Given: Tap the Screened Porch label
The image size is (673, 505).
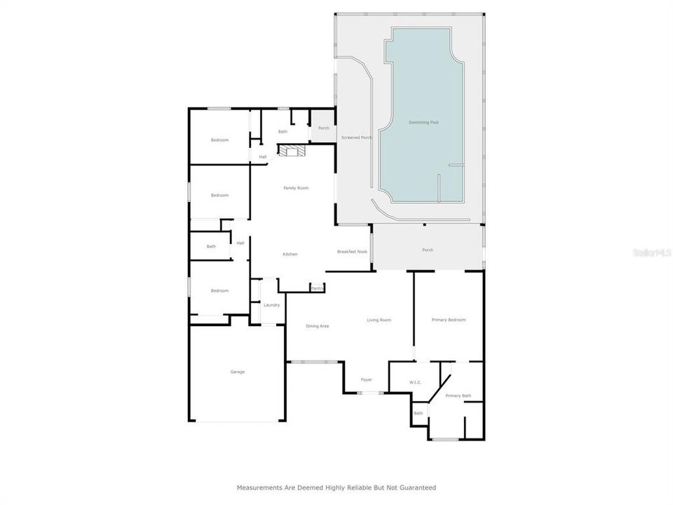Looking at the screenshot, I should coord(356,137).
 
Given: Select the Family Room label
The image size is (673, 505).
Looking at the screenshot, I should coord(296,188).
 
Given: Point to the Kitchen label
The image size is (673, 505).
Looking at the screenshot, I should coord(290,254).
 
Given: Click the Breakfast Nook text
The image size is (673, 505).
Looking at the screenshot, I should coord(352,252).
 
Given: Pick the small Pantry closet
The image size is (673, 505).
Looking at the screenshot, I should coord(318,288).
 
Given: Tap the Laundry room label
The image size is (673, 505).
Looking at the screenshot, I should coord(271,305).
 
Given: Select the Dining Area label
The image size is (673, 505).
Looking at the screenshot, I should coord(318,326).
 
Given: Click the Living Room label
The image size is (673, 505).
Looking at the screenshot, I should coord(379,320).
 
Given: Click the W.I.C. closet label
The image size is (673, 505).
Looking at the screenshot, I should coord(415,382).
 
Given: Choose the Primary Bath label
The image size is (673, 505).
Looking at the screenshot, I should coord(458,396).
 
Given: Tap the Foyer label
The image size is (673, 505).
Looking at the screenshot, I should coord(366,379).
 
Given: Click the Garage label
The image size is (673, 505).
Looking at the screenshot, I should coord(238,372).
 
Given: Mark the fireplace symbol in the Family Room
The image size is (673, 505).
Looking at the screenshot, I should coord(292,150).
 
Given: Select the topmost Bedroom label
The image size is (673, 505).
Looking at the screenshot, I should coord(220,140).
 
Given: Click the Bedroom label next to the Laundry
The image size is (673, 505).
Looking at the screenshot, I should coord(220,290).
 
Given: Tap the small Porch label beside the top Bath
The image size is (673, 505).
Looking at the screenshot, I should coord(323,128).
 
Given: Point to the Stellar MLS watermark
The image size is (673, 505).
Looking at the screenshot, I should coord(651,252).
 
